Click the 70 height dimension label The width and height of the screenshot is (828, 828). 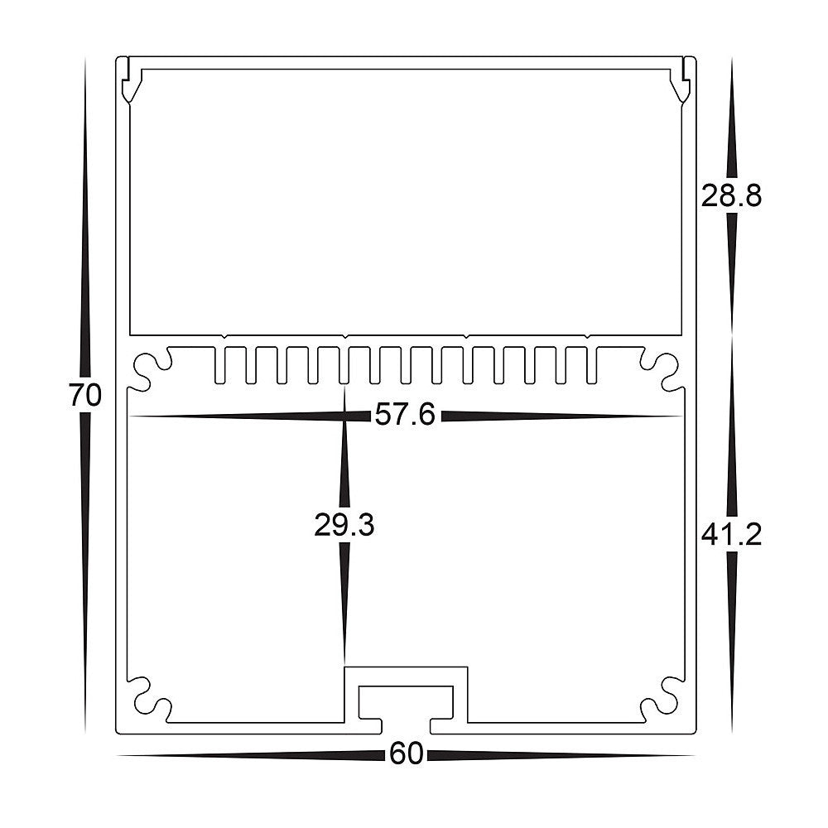click(85, 395)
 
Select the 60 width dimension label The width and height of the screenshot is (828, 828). click(406, 754)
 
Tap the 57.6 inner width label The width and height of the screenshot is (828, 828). click(404, 415)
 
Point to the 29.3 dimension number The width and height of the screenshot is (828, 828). click(344, 525)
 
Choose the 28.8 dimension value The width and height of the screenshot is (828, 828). click(730, 196)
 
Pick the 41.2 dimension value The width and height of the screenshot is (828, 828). click(730, 536)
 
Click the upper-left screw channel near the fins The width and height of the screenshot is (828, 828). click(150, 369)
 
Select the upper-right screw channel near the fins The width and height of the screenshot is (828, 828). click(662, 369)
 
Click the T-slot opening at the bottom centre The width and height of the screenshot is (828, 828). click(406, 702)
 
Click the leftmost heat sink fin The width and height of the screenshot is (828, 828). click(220, 366)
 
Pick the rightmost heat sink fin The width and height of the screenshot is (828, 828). click(591, 366)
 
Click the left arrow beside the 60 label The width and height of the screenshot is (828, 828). click(248, 754)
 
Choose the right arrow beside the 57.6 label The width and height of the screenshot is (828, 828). click(563, 416)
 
